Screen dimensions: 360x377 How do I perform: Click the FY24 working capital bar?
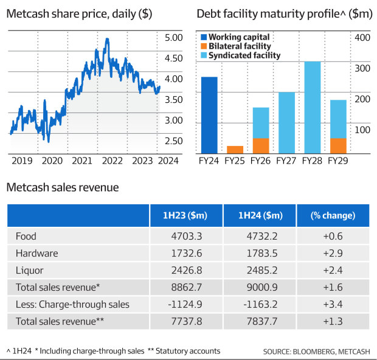point(209,115)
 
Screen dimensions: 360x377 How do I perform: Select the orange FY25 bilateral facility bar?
point(235,150)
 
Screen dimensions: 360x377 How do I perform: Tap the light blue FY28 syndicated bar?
point(312,107)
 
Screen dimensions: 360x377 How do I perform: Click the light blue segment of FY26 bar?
point(260,123)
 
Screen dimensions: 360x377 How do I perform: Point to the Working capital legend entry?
point(239,37)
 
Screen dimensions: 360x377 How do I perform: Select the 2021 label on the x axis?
point(81,161)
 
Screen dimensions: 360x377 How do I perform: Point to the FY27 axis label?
point(286,161)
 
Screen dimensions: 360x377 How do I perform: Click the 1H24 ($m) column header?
point(260,216)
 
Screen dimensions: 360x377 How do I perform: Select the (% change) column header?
point(333,216)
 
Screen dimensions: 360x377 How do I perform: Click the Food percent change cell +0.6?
point(333,236)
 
